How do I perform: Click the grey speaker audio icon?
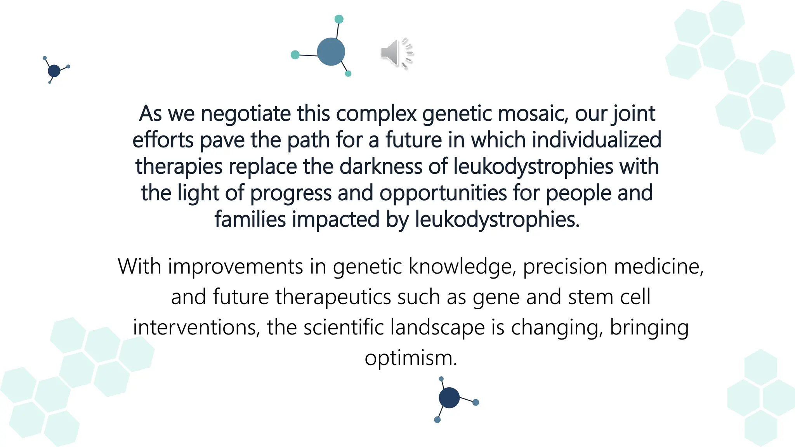pyautogui.click(x=390, y=53)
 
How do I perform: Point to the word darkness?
pyautogui.click(x=380, y=166)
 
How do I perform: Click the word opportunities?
pyautogui.click(x=443, y=193)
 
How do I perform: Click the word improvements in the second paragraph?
pyautogui.click(x=235, y=267)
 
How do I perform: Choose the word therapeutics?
pyautogui.click(x=333, y=297)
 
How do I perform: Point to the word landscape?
pyautogui.click(x=437, y=327)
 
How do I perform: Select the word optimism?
pyautogui.click(x=411, y=358)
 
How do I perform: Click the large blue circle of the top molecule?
pyautogui.click(x=331, y=52)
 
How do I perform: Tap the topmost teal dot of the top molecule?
pyautogui.click(x=339, y=19)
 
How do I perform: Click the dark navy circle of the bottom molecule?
pyautogui.click(x=449, y=398)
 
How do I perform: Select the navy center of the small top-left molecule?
pyautogui.click(x=54, y=71)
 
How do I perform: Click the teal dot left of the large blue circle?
pyautogui.click(x=295, y=55)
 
